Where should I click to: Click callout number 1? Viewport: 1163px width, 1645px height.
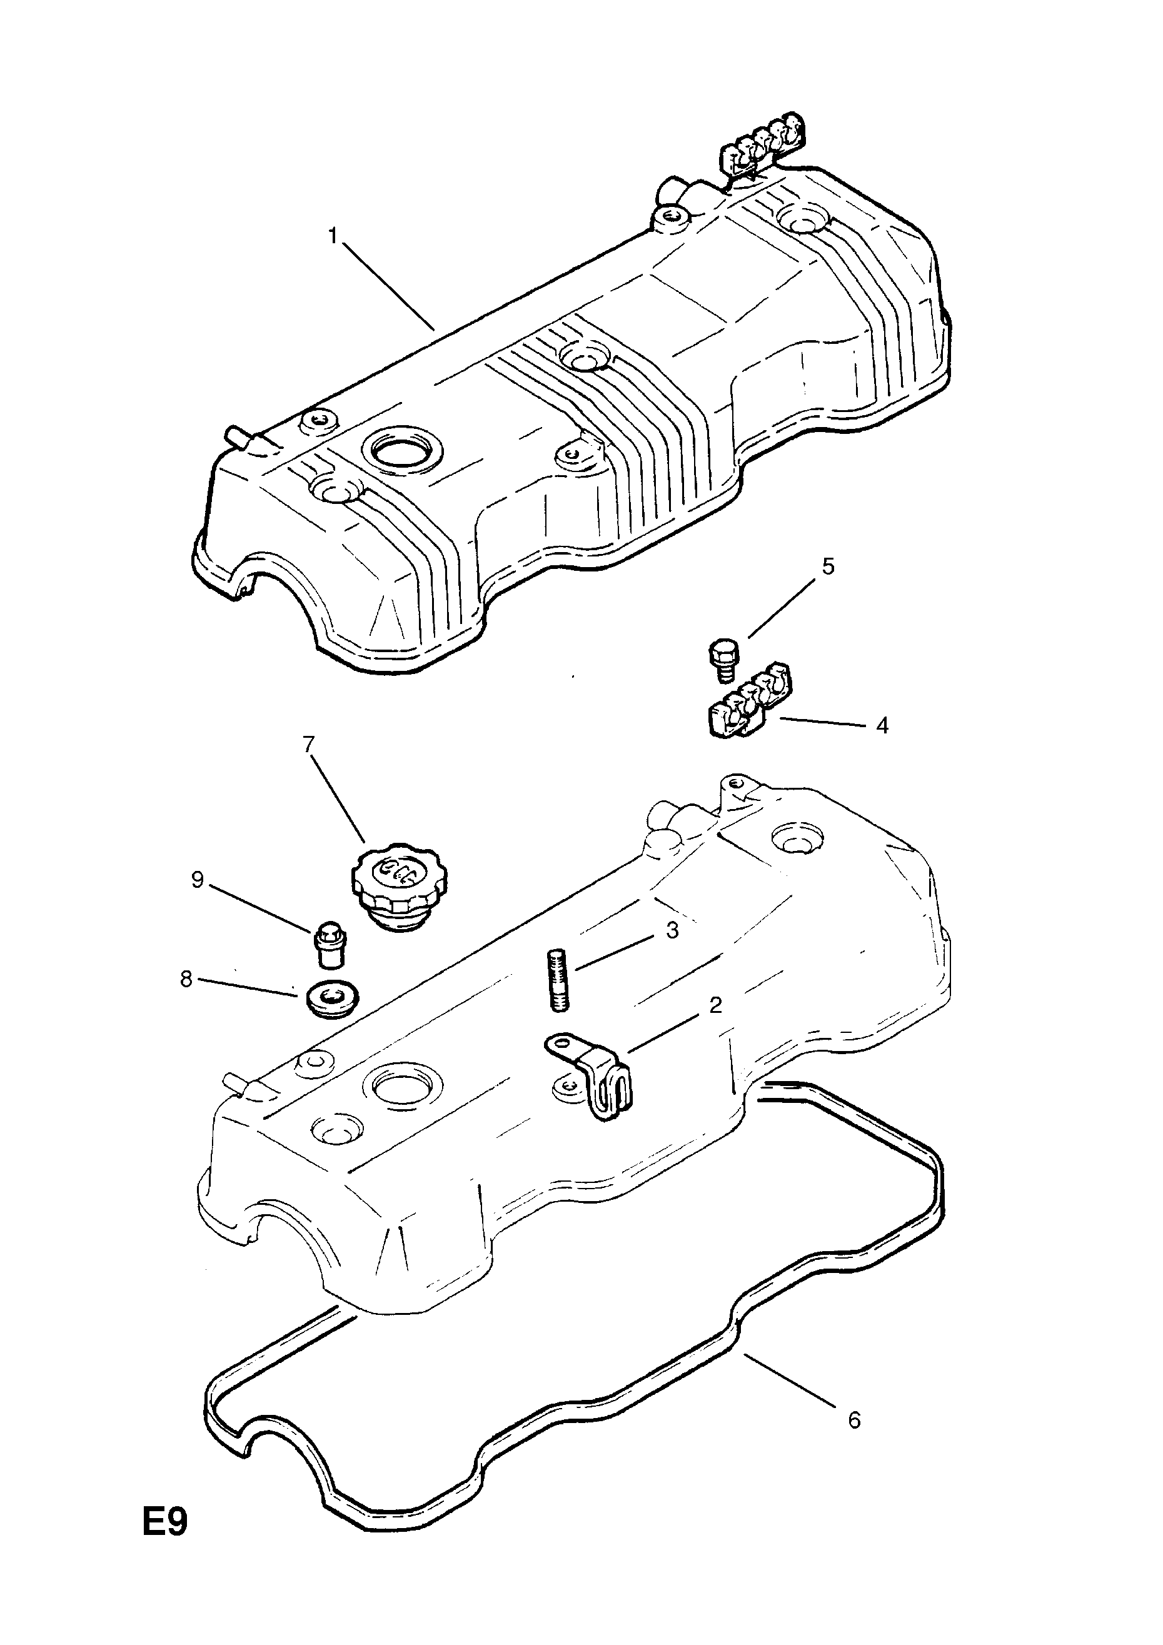333,236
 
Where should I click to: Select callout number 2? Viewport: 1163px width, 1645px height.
715,1005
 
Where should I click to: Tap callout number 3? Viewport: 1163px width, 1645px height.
672,931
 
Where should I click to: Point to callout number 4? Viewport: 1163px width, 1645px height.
882,726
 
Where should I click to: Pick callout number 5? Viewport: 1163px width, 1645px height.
828,566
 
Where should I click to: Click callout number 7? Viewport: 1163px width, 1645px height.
309,745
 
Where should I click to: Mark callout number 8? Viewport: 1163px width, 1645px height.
186,979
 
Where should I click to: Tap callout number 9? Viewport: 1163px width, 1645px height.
198,880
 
